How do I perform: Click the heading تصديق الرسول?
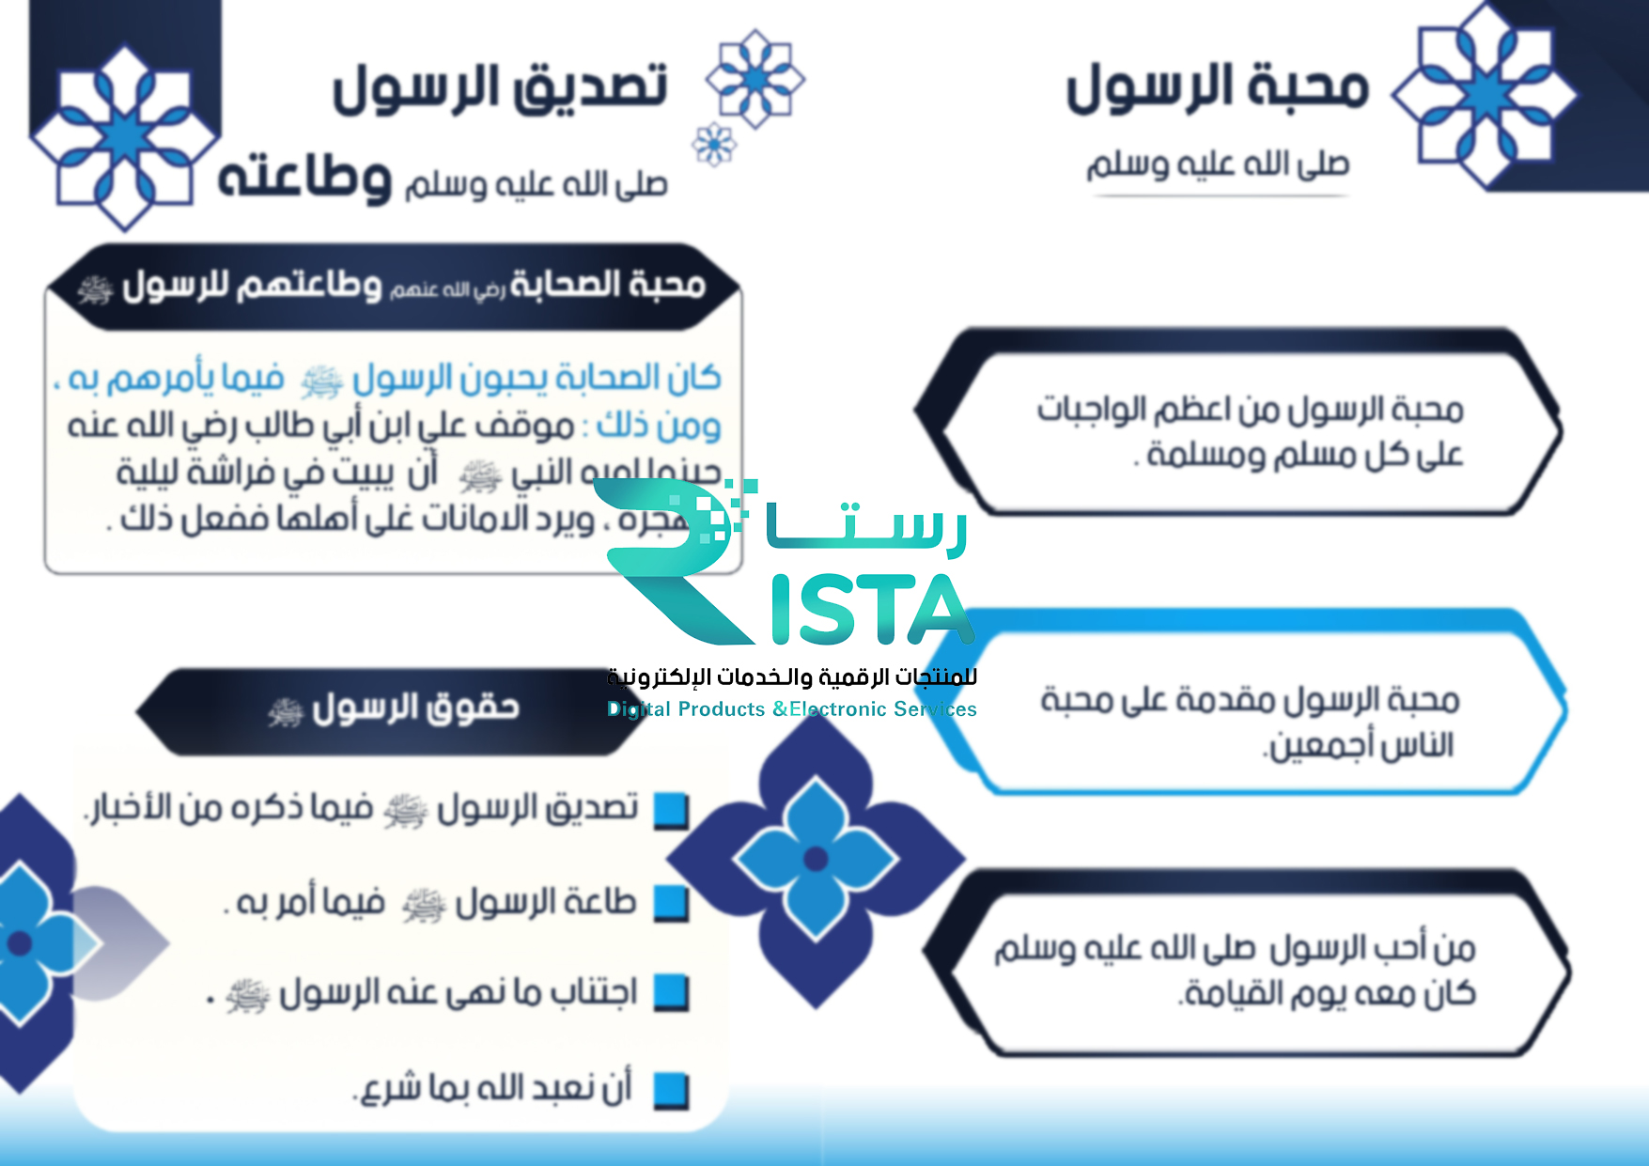500,87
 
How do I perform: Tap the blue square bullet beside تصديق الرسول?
671,810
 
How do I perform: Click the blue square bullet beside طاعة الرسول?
671,903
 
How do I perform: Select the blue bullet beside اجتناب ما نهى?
671,992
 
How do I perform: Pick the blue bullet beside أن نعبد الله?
671,1089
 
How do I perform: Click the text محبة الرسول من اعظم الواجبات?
1250,410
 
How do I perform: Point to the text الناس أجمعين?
1361,746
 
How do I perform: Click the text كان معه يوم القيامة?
1327,993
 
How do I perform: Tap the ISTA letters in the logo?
869,611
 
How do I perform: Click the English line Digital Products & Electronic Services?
791,709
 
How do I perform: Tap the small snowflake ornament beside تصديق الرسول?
714,144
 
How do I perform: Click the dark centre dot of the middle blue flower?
816,858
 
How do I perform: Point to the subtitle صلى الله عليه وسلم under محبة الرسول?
1218,165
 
